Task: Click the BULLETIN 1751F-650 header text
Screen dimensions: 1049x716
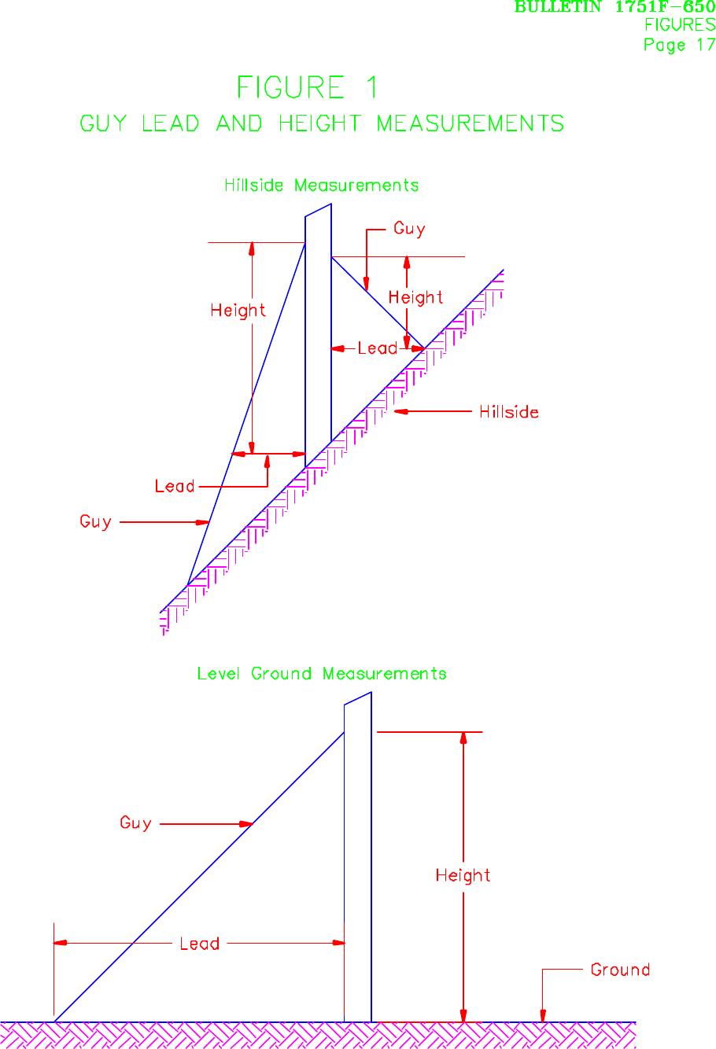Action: click(x=615, y=7)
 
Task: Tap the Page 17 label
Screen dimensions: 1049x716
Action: click(x=679, y=45)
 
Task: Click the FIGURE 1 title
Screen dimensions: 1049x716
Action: click(x=307, y=87)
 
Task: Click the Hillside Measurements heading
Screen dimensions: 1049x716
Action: click(x=321, y=186)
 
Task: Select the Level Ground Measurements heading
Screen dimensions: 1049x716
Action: click(x=321, y=674)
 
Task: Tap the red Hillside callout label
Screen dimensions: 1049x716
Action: click(x=508, y=412)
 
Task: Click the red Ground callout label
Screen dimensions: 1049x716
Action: click(x=620, y=970)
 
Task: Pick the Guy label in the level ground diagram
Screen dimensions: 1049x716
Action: click(x=135, y=823)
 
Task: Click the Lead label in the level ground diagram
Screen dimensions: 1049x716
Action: click(x=199, y=944)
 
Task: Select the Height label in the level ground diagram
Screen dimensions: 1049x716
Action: click(x=463, y=875)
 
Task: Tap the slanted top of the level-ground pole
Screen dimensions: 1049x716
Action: click(x=358, y=698)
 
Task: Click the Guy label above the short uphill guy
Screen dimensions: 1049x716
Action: click(x=409, y=229)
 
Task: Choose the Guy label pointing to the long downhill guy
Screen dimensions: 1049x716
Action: click(x=95, y=521)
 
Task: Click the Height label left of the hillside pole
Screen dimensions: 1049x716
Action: click(x=238, y=311)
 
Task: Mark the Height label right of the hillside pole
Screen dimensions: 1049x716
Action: click(x=415, y=297)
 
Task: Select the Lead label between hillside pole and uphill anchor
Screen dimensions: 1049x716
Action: click(x=377, y=348)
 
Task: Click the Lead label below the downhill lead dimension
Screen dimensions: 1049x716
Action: click(x=174, y=487)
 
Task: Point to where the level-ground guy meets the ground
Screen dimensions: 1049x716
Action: click(x=54, y=1021)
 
